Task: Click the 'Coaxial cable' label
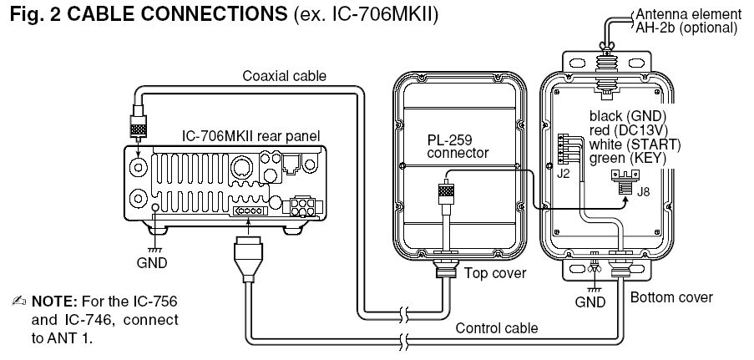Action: (285, 76)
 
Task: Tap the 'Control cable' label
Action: (496, 327)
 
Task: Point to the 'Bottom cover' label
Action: (671, 297)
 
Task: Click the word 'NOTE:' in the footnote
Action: (56, 300)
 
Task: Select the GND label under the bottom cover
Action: (594, 301)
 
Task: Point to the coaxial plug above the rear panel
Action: (138, 125)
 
